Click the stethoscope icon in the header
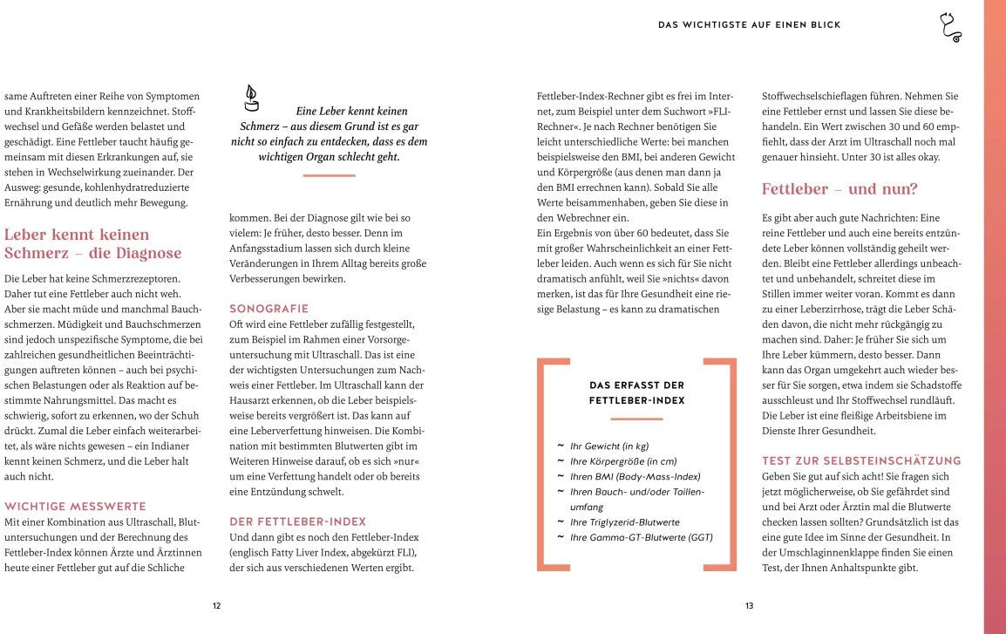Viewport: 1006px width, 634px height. pyautogui.click(x=949, y=27)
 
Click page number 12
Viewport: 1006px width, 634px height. pyautogui.click(x=216, y=606)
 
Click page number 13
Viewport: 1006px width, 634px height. pyautogui.click(x=749, y=606)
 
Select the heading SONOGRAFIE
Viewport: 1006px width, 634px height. pyautogui.click(x=268, y=309)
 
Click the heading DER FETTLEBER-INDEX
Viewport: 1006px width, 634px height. pyautogui.click(x=298, y=522)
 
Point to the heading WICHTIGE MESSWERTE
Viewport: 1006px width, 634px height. pyautogui.click(x=75, y=506)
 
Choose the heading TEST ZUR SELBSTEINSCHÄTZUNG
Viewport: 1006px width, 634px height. pyautogui.click(x=861, y=460)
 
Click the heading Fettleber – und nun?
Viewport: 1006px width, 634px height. pyautogui.click(x=839, y=189)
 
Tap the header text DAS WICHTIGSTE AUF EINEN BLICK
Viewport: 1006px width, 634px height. pyautogui.click(x=749, y=25)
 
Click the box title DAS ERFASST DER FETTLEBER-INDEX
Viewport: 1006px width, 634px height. pyautogui.click(x=636, y=392)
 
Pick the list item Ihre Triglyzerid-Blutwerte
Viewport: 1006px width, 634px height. pyautogui.click(x=624, y=522)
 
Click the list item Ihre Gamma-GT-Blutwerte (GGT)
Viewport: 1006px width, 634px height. pyautogui.click(x=641, y=537)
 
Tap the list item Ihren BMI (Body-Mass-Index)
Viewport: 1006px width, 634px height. pyautogui.click(x=635, y=476)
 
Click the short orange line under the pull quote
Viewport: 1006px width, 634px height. pyautogui.click(x=329, y=175)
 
